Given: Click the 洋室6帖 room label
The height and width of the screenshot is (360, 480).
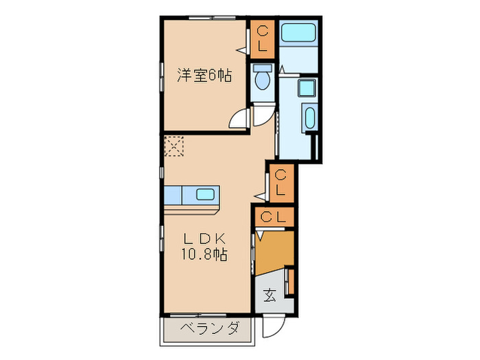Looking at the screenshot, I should tap(204, 76).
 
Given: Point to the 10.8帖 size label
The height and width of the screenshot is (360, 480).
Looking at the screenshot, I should tap(204, 255).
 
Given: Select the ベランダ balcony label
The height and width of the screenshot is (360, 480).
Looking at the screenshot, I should tap(211, 328).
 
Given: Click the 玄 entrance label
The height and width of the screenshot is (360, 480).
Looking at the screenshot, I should tap(269, 296).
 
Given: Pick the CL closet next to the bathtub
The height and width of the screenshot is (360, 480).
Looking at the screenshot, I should tap(263, 40).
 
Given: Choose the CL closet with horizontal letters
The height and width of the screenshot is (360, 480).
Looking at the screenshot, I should tap(273, 217).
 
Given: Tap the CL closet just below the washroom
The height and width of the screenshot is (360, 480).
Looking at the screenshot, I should tap(281, 183).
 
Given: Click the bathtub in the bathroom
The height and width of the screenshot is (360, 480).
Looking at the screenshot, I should tap(298, 32).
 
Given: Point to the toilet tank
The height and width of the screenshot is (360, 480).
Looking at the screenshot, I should tap(262, 69).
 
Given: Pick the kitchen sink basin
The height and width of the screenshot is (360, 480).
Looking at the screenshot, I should tap(205, 194).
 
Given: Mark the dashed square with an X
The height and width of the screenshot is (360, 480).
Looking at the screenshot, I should tap(175, 145).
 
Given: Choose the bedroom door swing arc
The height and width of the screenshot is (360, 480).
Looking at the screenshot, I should tap(239, 119).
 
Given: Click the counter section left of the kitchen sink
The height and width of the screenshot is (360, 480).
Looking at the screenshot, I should tap(173, 195).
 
